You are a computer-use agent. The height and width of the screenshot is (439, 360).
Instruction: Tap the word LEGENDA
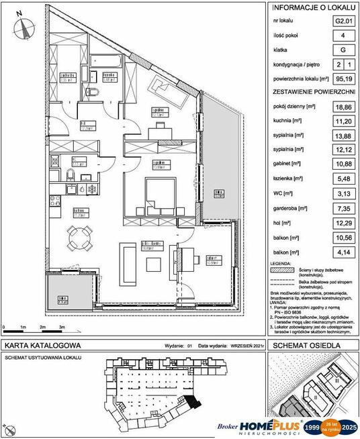(x=281, y=264)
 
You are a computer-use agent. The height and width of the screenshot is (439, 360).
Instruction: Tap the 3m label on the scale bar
(x=62, y=327)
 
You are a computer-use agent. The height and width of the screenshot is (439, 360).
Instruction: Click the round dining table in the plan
(x=78, y=236)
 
